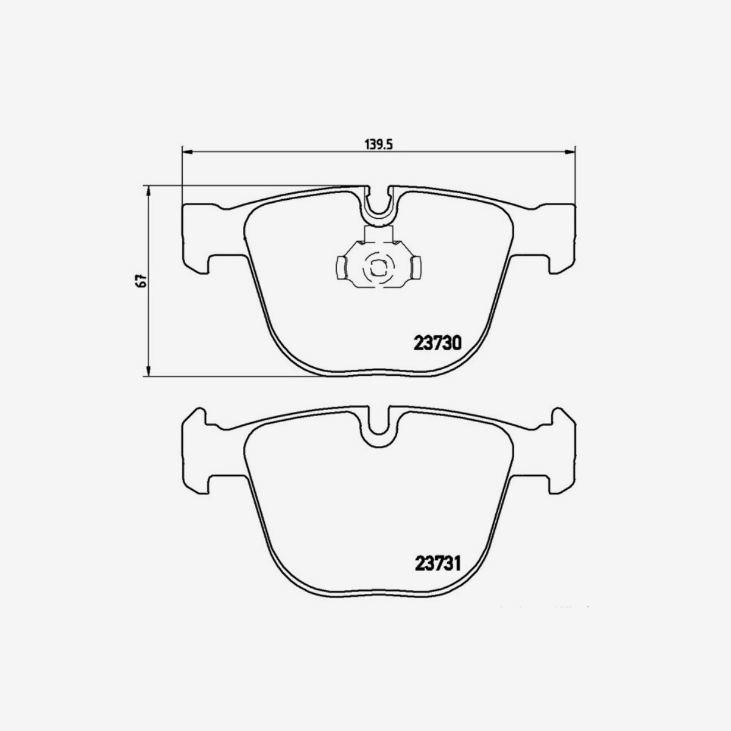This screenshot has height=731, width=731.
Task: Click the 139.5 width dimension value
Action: [378, 144]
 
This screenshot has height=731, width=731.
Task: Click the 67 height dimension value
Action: [140, 281]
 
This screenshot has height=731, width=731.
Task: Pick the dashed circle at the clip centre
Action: [377, 267]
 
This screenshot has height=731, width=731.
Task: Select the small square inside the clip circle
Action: [377, 267]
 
